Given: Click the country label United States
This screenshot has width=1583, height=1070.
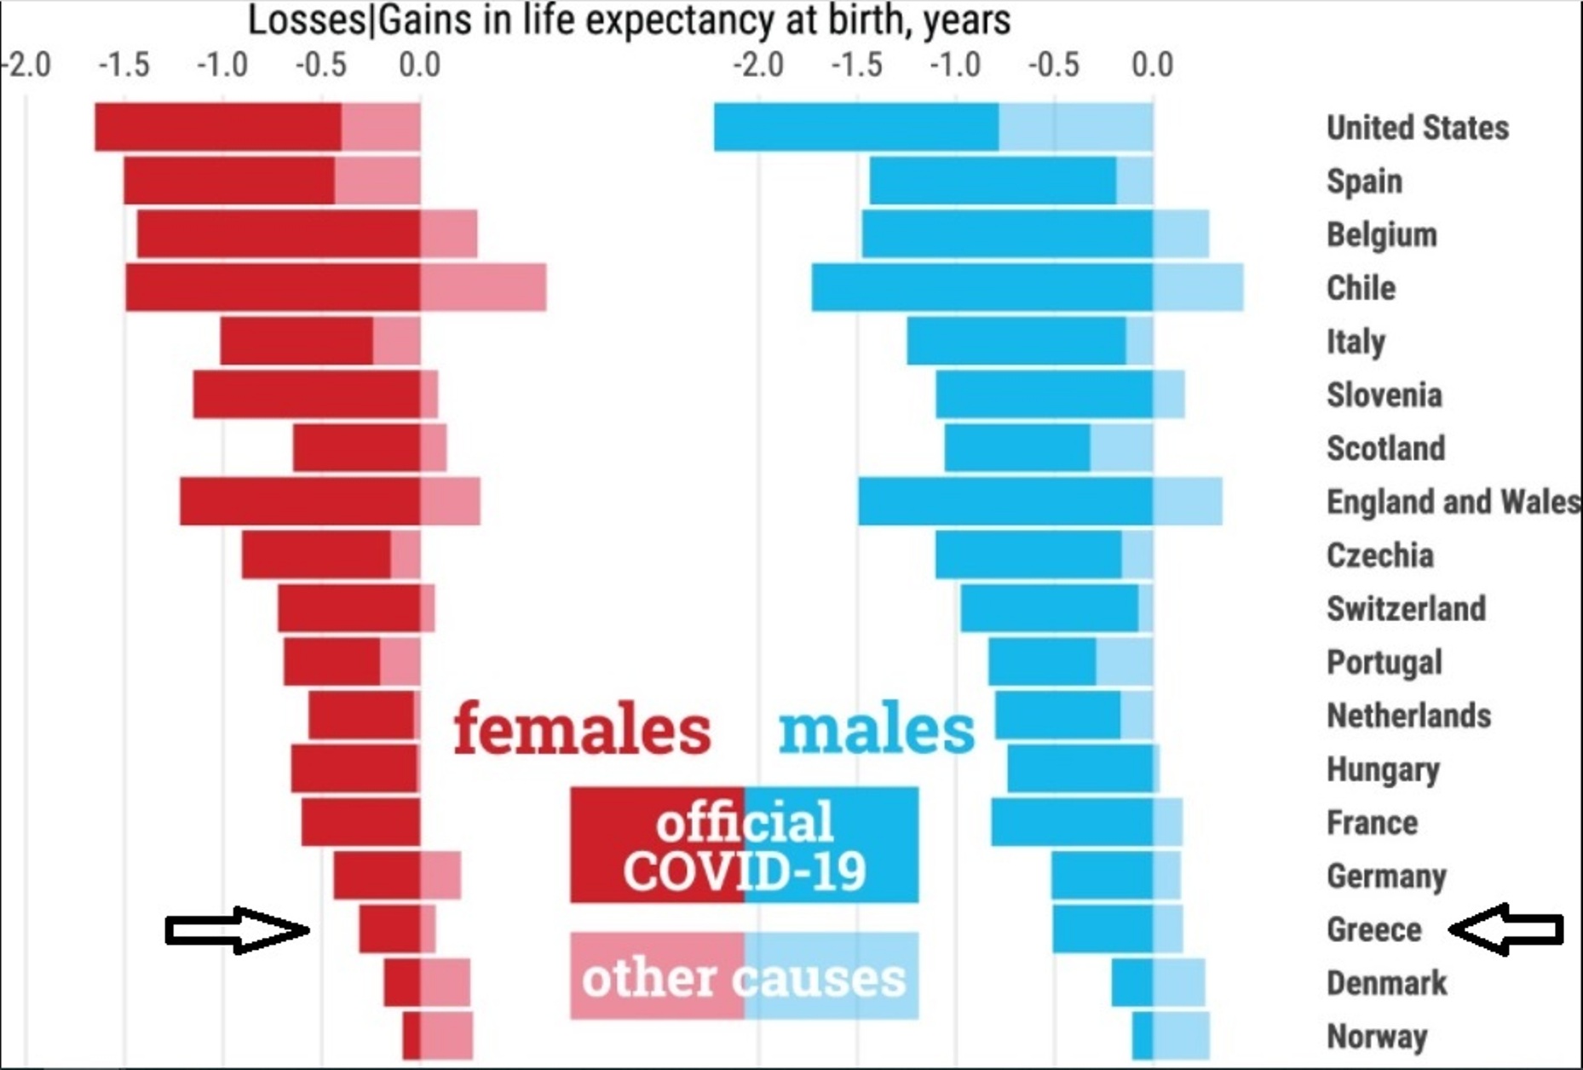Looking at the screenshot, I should point(1417,128).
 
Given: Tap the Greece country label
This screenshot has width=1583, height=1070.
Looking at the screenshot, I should point(1373,929).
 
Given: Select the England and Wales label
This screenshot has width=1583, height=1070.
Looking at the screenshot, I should point(1453,502).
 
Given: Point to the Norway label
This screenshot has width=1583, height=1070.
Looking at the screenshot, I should point(1376,1037).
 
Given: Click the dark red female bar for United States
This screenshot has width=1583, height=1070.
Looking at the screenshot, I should point(217,127).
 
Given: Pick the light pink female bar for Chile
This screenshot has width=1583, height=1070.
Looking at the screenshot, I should point(483,288).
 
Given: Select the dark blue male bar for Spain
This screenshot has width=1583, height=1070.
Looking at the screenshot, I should point(993,181).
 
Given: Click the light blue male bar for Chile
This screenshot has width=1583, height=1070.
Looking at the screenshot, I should point(1198,288).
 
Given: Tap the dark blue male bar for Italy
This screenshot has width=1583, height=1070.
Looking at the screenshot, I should point(1016,341).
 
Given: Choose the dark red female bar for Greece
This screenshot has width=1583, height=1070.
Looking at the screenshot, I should point(389,929).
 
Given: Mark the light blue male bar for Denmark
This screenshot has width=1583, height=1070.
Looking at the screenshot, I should point(1179,983).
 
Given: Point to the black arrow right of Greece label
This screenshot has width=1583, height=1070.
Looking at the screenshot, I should point(1506,929).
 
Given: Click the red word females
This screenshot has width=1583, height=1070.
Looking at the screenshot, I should point(581,729).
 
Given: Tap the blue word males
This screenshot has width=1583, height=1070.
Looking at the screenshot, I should point(876,729).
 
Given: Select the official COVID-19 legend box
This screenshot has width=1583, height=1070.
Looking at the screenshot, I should point(745,845).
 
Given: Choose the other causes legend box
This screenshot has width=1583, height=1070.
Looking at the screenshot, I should point(745,976).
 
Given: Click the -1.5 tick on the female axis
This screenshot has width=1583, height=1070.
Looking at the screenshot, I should point(124,65).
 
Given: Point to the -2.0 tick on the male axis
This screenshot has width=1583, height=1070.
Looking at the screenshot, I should point(758,65).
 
